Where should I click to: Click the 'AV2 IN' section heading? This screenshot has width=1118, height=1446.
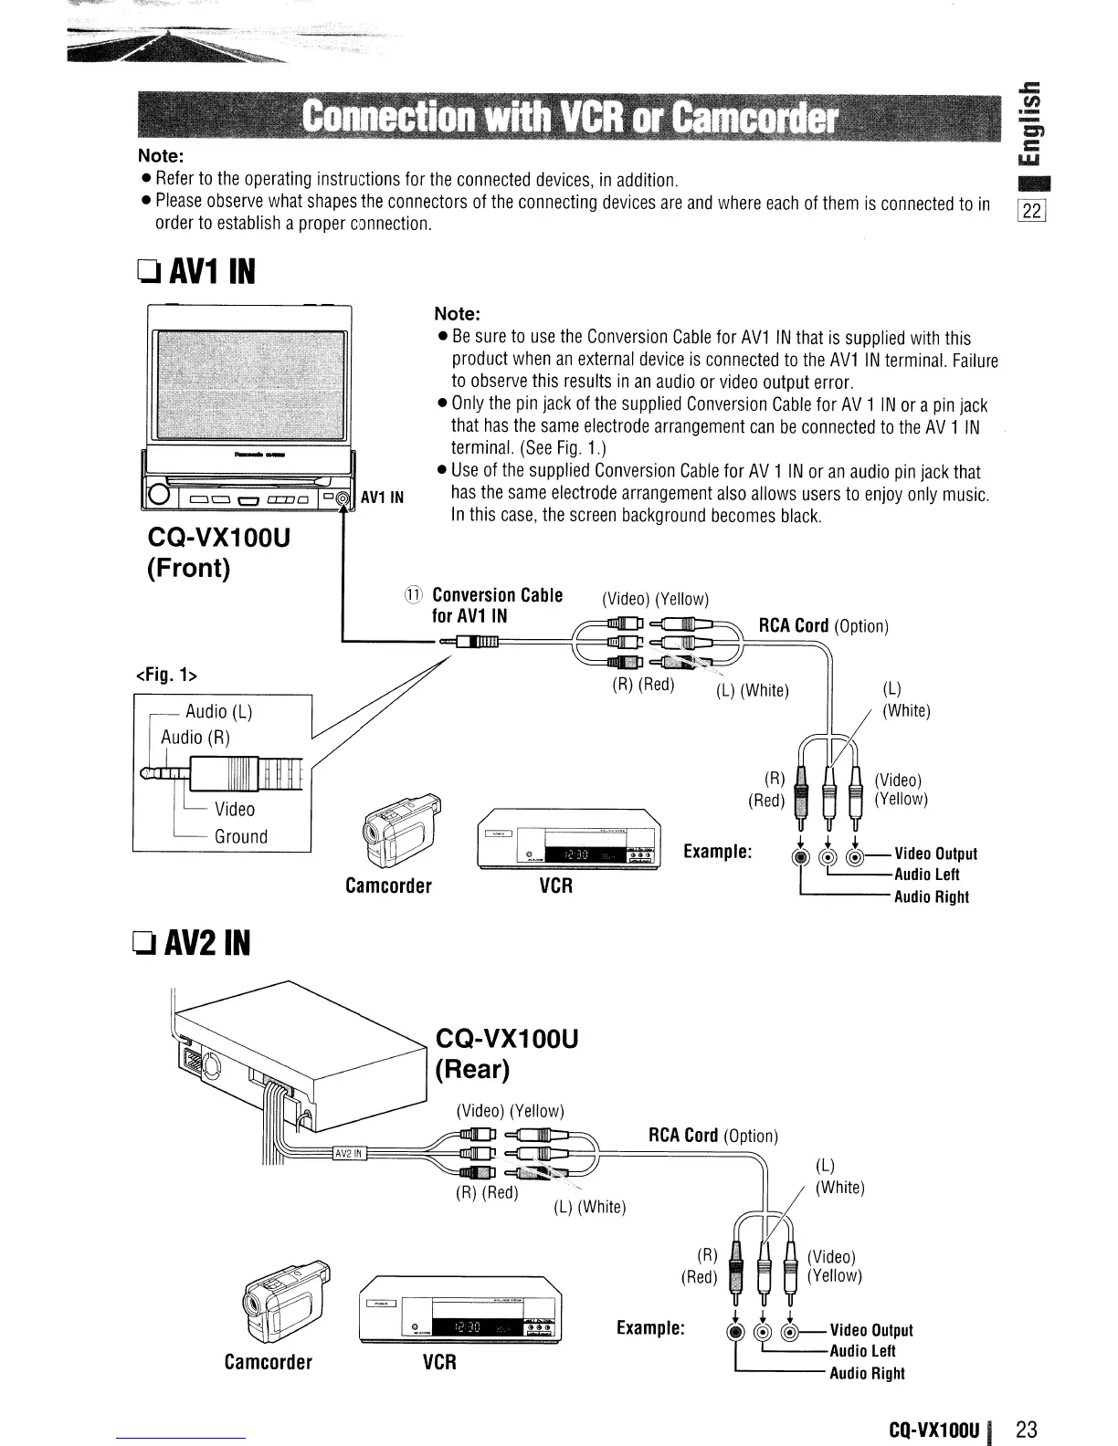tap(194, 941)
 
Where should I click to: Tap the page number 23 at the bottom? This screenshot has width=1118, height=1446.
tap(1028, 1430)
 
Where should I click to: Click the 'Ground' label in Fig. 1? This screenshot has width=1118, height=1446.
tap(240, 836)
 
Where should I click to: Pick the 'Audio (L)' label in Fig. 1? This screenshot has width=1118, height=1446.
tap(219, 711)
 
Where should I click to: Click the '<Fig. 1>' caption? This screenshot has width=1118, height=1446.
tap(167, 676)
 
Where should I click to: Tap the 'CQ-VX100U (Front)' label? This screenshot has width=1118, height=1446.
tap(218, 552)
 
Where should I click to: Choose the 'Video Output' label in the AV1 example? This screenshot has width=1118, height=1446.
tap(935, 854)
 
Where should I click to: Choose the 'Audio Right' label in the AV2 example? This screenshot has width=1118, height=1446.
tap(867, 1373)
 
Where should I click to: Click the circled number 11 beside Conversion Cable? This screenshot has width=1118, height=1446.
tap(413, 595)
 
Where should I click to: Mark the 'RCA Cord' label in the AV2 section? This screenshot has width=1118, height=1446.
tap(683, 1135)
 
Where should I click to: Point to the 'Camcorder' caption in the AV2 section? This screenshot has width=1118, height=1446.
tap(269, 1362)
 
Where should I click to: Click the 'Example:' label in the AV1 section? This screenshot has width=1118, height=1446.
tap(718, 852)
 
